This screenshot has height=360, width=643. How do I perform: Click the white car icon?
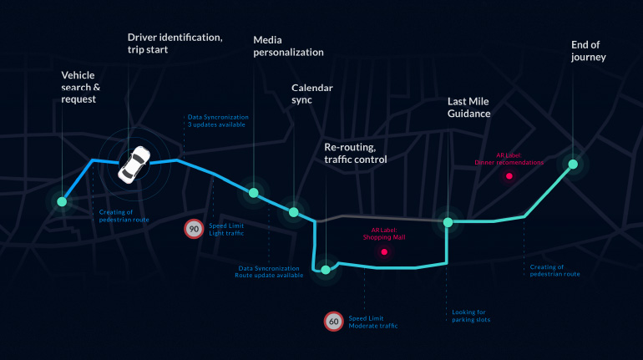pyautogui.click(x=134, y=165)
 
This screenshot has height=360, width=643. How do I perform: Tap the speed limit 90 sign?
pyautogui.click(x=194, y=228)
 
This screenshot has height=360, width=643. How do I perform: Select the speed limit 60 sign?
pyautogui.click(x=333, y=321)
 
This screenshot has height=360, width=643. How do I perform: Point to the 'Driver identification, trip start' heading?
pyautogui.click(x=175, y=43)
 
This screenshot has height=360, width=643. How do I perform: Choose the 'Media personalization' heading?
pyautogui.click(x=288, y=45)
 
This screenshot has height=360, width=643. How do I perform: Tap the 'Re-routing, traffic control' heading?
pyautogui.click(x=355, y=152)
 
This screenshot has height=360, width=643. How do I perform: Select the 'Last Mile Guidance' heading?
pyautogui.click(x=468, y=107)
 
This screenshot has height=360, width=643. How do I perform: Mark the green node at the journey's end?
pyautogui.click(x=574, y=164)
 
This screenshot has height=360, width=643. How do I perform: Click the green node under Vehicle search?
pyautogui.click(x=61, y=201)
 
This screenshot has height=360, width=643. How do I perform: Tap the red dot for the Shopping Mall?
pyautogui.click(x=384, y=251)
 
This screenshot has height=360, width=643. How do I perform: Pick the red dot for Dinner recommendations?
pyautogui.click(x=509, y=176)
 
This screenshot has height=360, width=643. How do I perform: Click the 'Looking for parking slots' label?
pyautogui.click(x=471, y=316)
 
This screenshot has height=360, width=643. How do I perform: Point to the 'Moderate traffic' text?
pyautogui.click(x=372, y=325)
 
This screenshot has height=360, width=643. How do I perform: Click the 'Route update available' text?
pyautogui.click(x=268, y=275)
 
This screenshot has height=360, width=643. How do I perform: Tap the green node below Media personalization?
pyautogui.click(x=253, y=193)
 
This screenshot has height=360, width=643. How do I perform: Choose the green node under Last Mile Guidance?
pyautogui.click(x=448, y=222)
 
